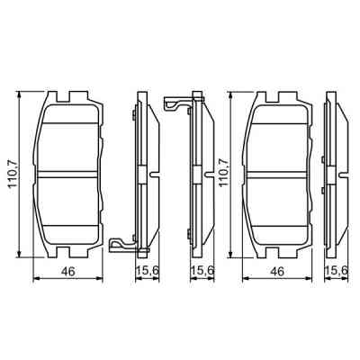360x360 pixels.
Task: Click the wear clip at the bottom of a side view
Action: click(x=121, y=245)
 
